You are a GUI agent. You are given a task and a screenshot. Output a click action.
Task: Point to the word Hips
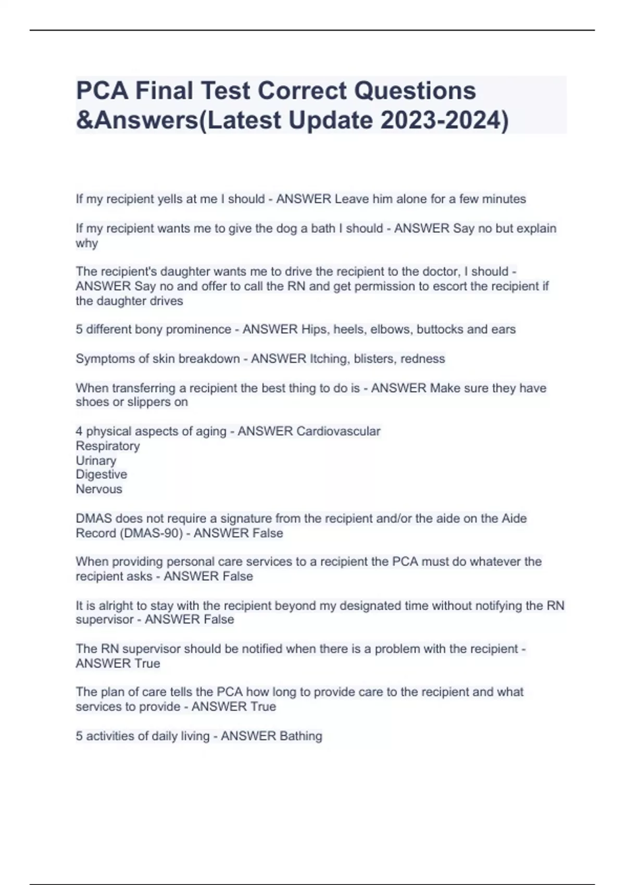(315, 330)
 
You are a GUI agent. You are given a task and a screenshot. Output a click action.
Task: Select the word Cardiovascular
(338, 432)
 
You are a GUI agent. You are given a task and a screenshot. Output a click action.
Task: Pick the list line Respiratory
(108, 446)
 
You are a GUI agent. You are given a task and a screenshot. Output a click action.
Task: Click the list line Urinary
(96, 461)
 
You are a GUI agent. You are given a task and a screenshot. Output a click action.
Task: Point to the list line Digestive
(102, 475)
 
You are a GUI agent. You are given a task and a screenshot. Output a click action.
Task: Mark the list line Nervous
(99, 489)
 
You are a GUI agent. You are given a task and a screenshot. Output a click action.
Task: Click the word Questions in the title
(415, 91)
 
